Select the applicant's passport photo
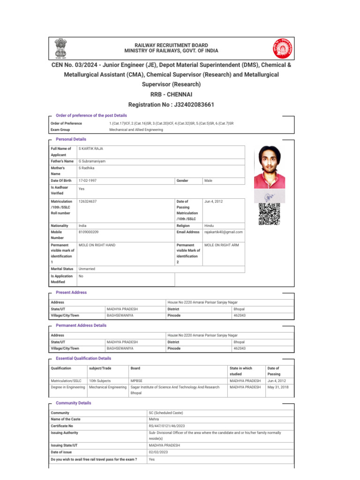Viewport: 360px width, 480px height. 269,167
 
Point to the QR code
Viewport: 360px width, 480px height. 269,214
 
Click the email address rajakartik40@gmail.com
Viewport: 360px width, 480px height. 224,232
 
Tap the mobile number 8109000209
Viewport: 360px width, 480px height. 89,232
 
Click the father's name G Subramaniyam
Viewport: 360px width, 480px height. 92,161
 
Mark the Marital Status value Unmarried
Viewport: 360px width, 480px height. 89,269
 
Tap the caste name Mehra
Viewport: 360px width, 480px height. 154,419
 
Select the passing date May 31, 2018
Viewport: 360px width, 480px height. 278,387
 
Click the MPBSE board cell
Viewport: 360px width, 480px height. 136,381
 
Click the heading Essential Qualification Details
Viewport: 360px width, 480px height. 83,359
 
